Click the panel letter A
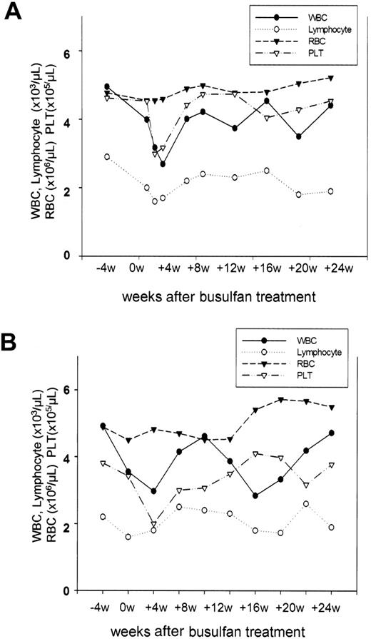[14, 13]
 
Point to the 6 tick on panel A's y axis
[65, 51]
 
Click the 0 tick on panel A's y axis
[65, 256]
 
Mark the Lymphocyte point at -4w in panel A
[107, 156]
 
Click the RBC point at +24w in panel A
[330, 78]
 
